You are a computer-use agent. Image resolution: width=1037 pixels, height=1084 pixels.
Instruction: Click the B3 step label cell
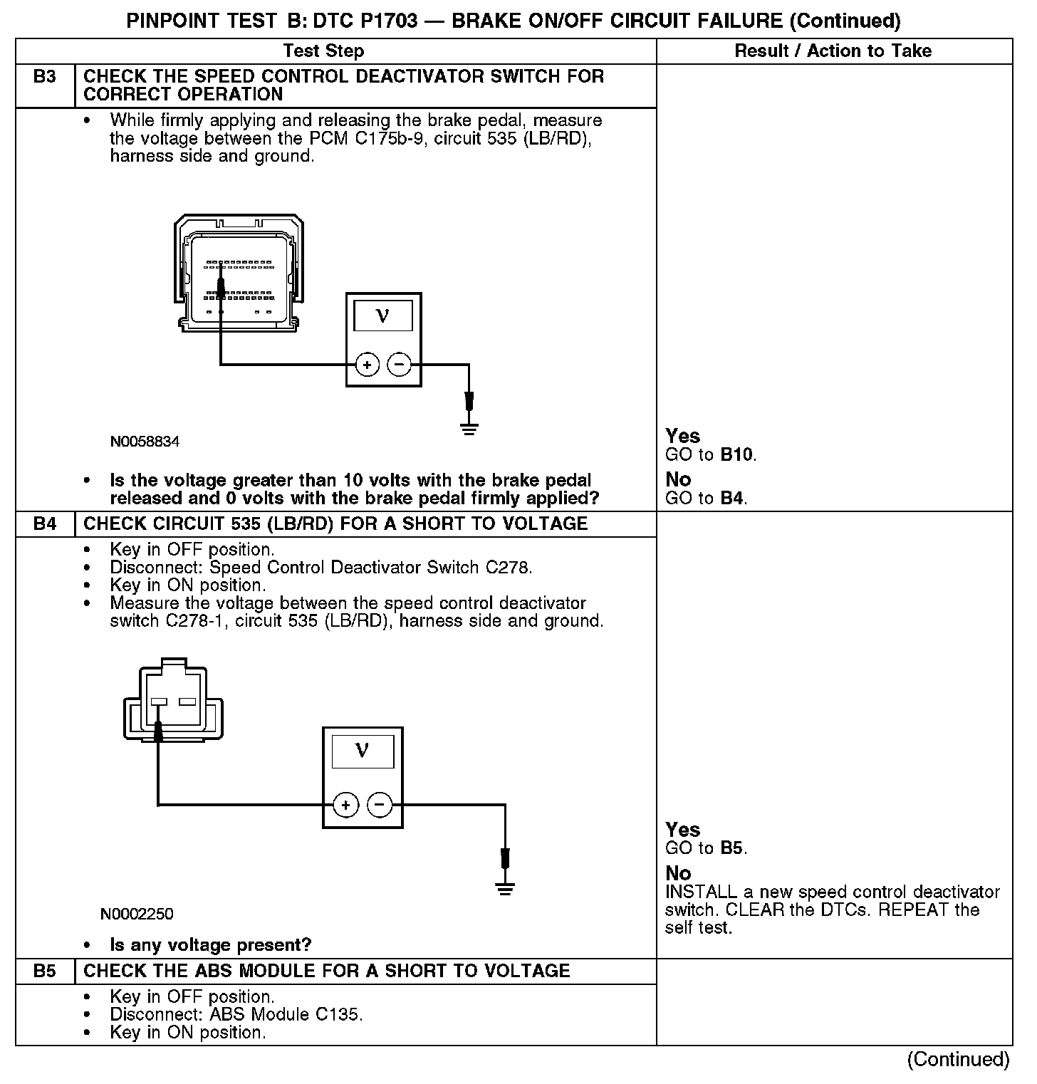pos(44,77)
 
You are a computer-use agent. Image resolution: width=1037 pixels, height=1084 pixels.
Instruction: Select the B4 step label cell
pos(44,524)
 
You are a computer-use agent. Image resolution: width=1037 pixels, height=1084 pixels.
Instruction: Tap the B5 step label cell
pos(44,971)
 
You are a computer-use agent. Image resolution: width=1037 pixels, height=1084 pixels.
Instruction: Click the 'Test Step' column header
pos(323,51)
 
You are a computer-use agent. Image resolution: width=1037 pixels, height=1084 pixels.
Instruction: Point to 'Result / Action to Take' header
pos(833,51)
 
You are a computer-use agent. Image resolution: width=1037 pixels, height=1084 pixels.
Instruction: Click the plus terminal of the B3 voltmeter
pos(367,365)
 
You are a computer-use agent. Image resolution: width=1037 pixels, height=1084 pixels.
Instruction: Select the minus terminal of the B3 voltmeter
pos(399,365)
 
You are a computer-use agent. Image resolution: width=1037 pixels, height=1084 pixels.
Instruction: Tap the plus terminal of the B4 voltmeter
pos(345,806)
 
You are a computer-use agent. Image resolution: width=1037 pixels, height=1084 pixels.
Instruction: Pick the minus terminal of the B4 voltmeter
pos(379,806)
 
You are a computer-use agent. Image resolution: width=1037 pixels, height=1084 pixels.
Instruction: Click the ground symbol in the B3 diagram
pos(469,429)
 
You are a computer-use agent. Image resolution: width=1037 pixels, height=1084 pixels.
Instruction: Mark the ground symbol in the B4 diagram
pos(505,889)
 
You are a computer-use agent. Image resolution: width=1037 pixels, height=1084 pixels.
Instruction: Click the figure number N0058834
pos(145,442)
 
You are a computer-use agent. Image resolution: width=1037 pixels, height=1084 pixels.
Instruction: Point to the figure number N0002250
pos(137,914)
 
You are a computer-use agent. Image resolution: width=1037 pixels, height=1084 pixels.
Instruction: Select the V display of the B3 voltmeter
pos(383,316)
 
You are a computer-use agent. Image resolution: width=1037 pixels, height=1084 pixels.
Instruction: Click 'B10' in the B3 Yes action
pos(737,455)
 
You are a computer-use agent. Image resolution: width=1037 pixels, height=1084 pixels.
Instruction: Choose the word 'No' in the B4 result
pos(678,873)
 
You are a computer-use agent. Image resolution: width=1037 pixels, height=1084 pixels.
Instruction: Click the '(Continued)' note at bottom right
pos(958,1060)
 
